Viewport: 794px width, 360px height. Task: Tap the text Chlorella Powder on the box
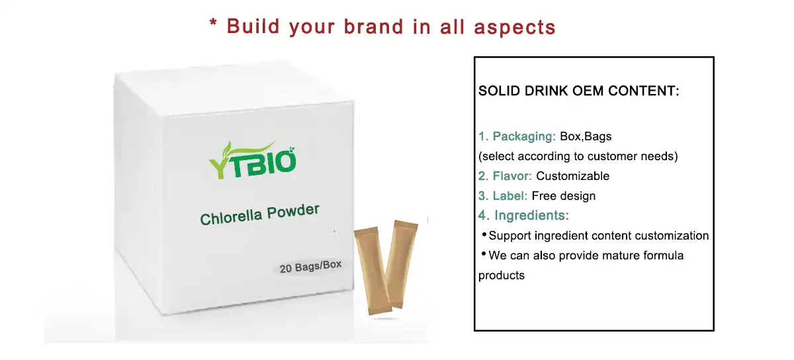pos(260,214)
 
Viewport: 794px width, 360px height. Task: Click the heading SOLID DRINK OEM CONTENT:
pos(578,91)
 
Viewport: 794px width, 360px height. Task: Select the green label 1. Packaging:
pos(517,137)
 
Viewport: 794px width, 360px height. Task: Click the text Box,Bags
pos(586,137)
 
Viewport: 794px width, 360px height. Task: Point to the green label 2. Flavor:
pos(505,176)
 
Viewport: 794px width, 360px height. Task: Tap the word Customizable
pos(572,176)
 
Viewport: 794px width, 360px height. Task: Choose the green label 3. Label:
pos(503,196)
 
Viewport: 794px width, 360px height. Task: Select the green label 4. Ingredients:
pos(523,216)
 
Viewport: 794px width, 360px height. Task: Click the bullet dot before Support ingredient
pos(484,235)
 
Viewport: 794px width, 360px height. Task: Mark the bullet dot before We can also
pos(484,254)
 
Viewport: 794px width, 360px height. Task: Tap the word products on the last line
pos(502,275)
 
